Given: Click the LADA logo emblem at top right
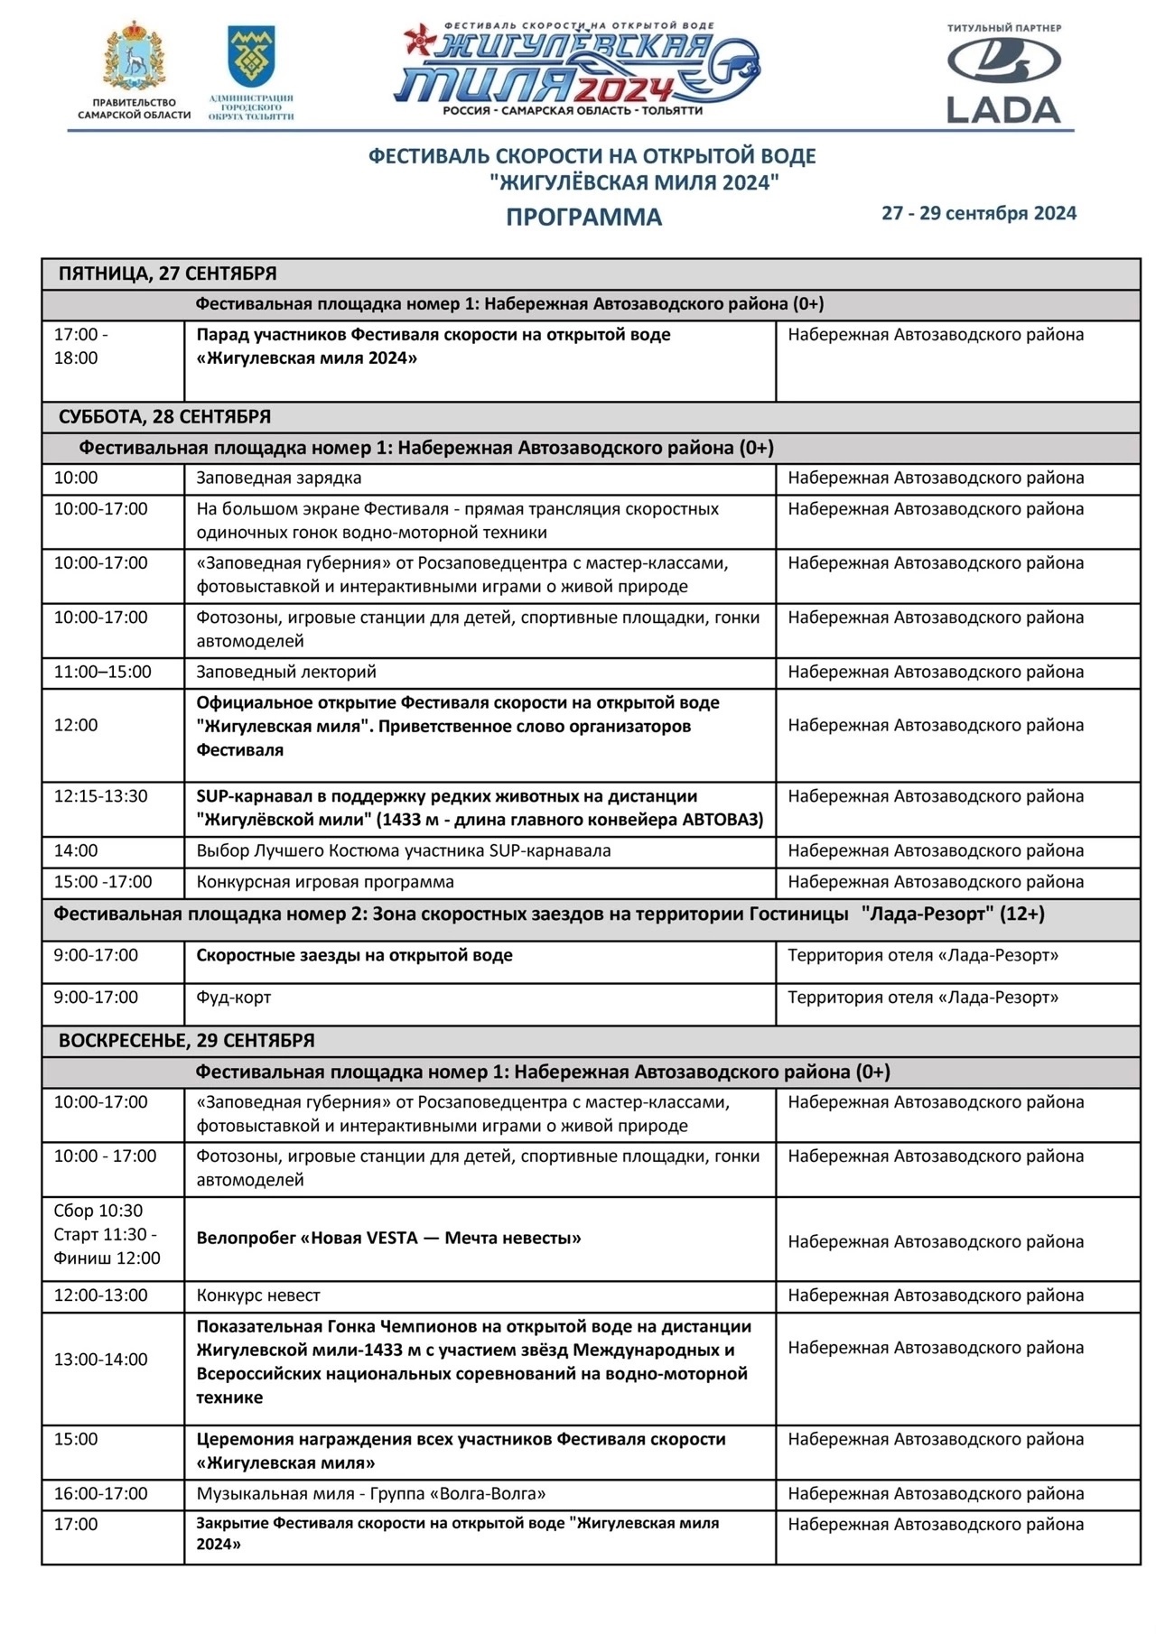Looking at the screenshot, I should coord(1003,62).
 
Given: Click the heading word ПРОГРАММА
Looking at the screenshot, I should coord(583,218).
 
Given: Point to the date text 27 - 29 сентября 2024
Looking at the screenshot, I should coord(979,213).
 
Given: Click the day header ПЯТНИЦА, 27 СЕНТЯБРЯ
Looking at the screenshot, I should coord(168,274).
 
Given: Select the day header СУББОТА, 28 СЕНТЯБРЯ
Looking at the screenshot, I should coord(164,417).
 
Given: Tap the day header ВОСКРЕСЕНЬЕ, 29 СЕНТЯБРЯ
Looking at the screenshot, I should coord(187,1040).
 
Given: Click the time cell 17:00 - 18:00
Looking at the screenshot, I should coord(80,346).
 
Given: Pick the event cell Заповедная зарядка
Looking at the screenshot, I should coord(279,478).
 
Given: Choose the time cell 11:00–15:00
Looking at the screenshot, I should coord(103,672).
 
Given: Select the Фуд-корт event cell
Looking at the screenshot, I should coord(234,998).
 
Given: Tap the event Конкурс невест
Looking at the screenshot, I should coord(258,1295).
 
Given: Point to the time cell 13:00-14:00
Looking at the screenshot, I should coord(101,1360).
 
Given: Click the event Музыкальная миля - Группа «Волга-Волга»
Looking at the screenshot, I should coord(371,1493).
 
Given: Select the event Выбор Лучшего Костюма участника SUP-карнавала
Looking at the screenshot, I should coord(404,850).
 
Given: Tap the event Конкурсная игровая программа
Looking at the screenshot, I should coord(325,882).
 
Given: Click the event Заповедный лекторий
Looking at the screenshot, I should coord(286,672).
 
